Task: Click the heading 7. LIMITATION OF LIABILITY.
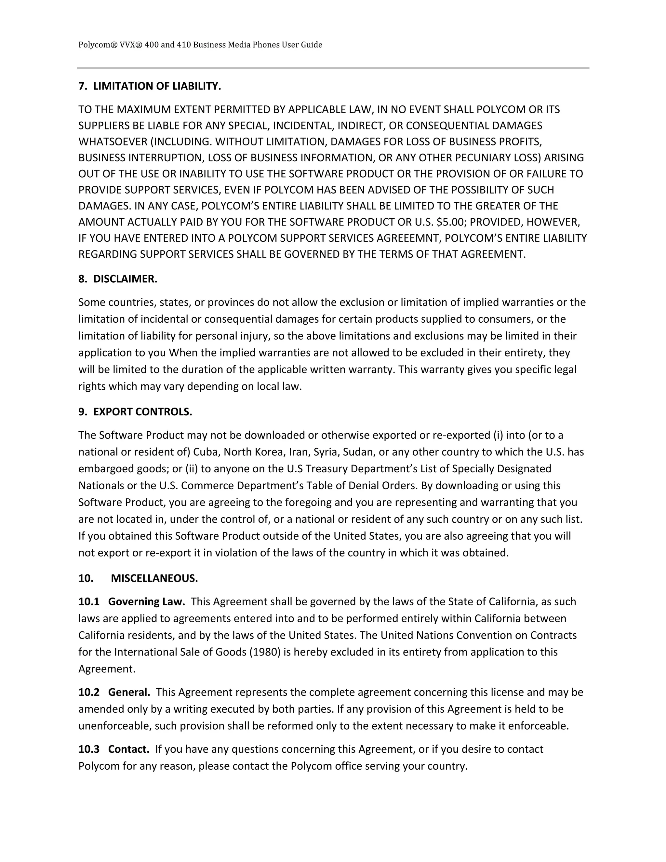click(150, 86)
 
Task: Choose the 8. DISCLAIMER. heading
click(118, 279)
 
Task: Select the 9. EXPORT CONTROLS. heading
click(135, 412)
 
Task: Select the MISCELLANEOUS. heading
click(154, 578)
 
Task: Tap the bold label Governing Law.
click(146, 601)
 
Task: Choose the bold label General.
click(129, 692)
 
